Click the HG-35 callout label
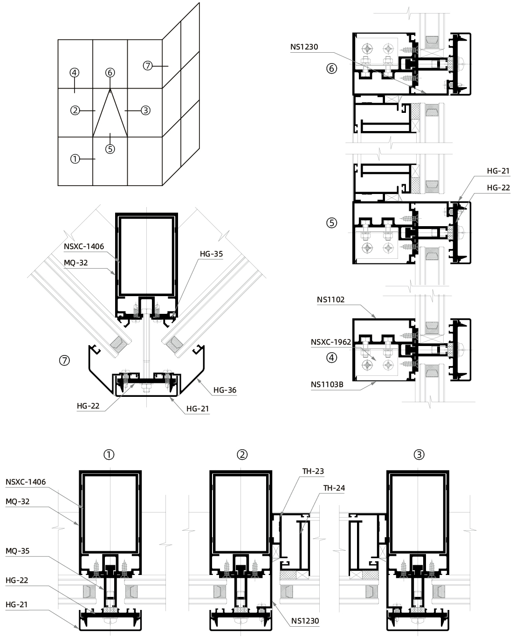coord(211,254)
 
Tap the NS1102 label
coord(330,300)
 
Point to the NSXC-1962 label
coord(331,342)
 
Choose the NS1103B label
coord(327,385)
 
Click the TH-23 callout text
coord(313,471)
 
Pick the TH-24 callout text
coord(334,488)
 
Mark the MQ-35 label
coord(18,551)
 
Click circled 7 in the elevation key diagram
coord(148,66)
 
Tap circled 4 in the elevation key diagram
coord(74,73)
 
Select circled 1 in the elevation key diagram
coord(74,159)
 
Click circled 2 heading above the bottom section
coord(242,455)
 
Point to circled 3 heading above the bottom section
coord(419,455)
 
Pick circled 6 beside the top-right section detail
coord(331,69)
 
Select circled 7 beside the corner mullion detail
coord(64,360)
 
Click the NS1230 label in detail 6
coord(304,47)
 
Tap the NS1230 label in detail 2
coord(305,621)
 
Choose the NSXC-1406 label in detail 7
coord(83,246)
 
